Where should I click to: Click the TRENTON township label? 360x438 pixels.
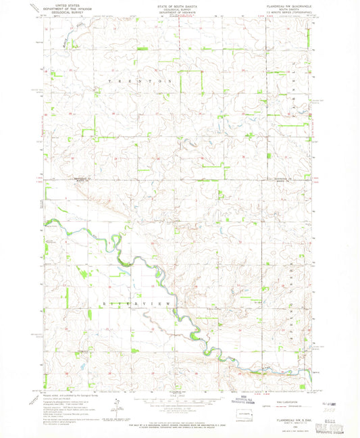pos(141,80)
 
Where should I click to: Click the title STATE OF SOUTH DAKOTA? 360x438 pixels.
pos(178,4)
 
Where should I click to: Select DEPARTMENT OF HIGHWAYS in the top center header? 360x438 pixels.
pos(178,13)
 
